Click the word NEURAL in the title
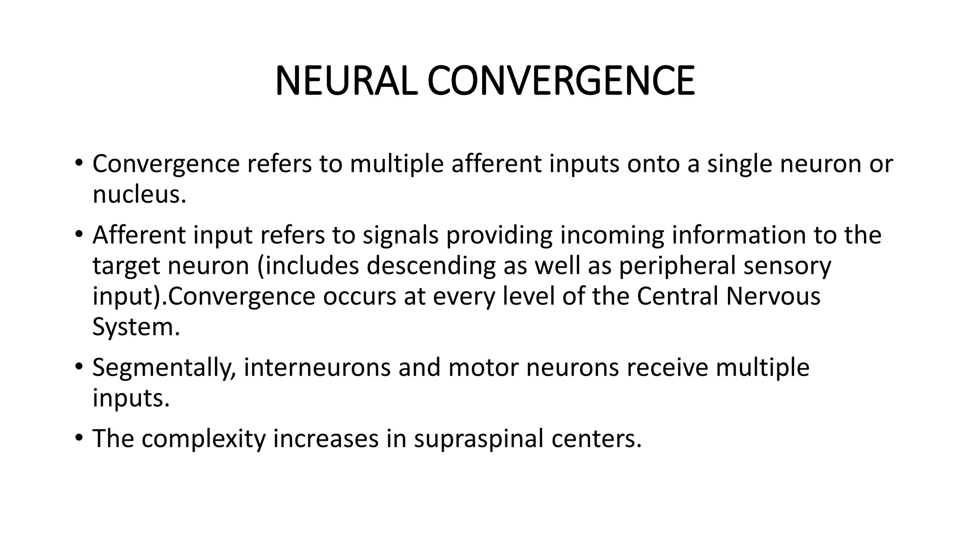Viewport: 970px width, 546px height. [346, 82]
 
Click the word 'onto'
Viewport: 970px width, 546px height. [654, 164]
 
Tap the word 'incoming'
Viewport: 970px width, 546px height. [611, 235]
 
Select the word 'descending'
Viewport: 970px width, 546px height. [431, 265]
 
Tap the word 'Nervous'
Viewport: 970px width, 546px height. [773, 296]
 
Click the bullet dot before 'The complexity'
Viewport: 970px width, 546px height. [79, 438]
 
